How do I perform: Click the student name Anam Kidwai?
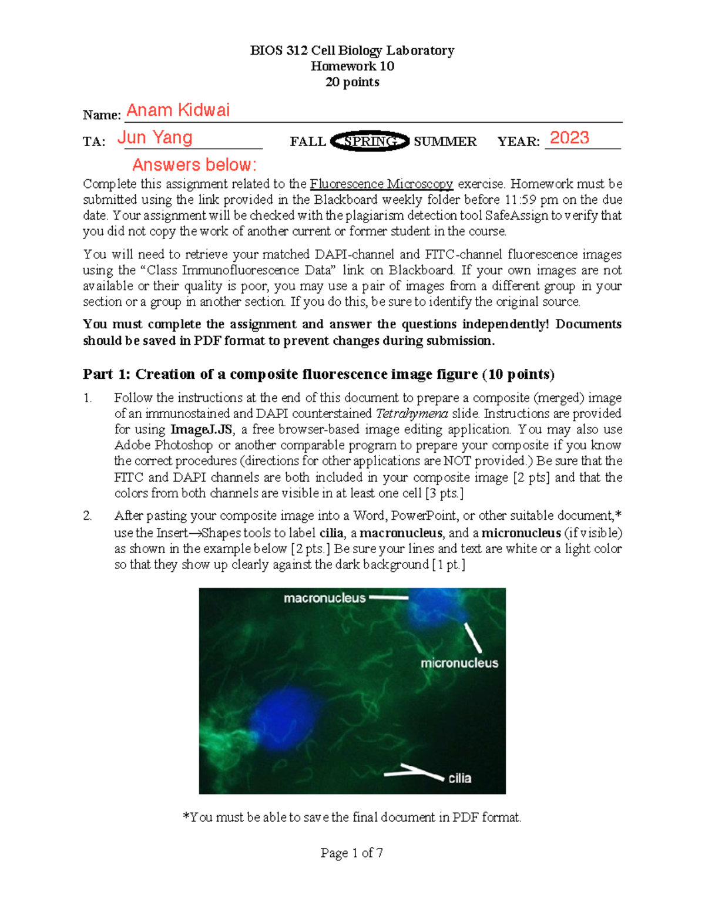178,110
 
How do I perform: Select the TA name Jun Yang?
155,137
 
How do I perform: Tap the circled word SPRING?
370,142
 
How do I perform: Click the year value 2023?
569,138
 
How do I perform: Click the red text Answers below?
194,164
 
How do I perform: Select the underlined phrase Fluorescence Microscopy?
381,184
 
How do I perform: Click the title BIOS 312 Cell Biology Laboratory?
352,51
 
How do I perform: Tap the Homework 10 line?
352,66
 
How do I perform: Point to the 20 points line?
352,82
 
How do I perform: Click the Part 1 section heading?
318,375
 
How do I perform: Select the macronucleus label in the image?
324,598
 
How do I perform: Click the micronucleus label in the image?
459,663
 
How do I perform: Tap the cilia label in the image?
459,778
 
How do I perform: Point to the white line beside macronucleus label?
388,598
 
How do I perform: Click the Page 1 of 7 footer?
352,853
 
